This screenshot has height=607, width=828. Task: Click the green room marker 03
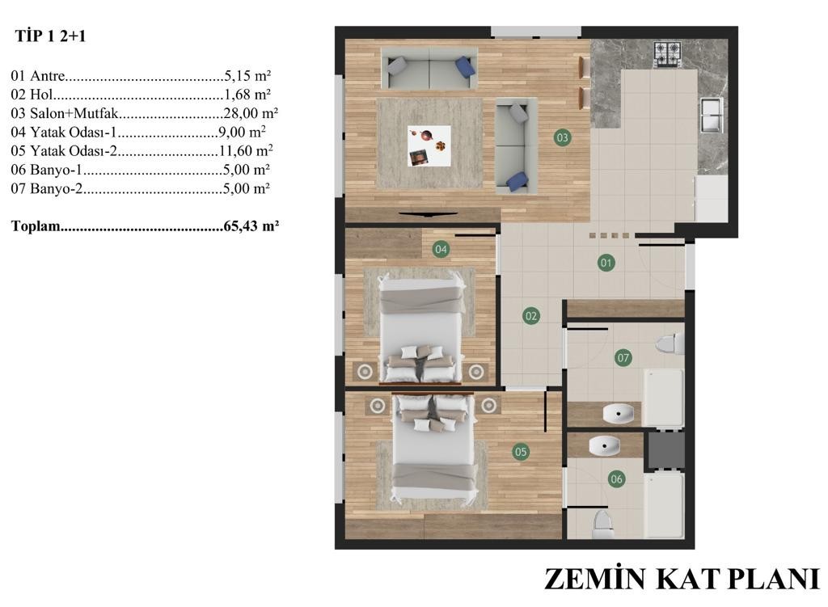tap(563, 138)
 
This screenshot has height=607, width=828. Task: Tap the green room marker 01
tap(606, 263)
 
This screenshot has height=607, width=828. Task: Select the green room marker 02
tap(531, 316)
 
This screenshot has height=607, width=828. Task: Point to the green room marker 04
tap(441, 249)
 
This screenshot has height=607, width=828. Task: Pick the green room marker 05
tap(521, 452)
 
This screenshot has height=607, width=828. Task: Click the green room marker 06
tap(616, 479)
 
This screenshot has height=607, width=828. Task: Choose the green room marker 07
tap(623, 358)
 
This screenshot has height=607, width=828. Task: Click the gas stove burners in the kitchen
tap(667, 55)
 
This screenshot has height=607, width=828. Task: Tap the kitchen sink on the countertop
tap(711, 115)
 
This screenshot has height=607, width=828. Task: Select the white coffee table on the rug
tap(429, 146)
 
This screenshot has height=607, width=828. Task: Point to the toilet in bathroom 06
tap(602, 523)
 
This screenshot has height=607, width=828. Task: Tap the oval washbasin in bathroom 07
tap(618, 414)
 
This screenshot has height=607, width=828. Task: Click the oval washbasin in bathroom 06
tap(604, 446)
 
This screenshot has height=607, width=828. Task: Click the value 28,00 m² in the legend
tap(251, 113)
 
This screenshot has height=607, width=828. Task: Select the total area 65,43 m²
tap(251, 226)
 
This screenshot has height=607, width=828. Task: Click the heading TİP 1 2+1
tap(50, 36)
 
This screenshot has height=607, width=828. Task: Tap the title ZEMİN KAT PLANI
tap(681, 579)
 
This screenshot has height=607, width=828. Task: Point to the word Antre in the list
tap(48, 75)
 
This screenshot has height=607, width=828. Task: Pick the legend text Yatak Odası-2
tap(73, 151)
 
